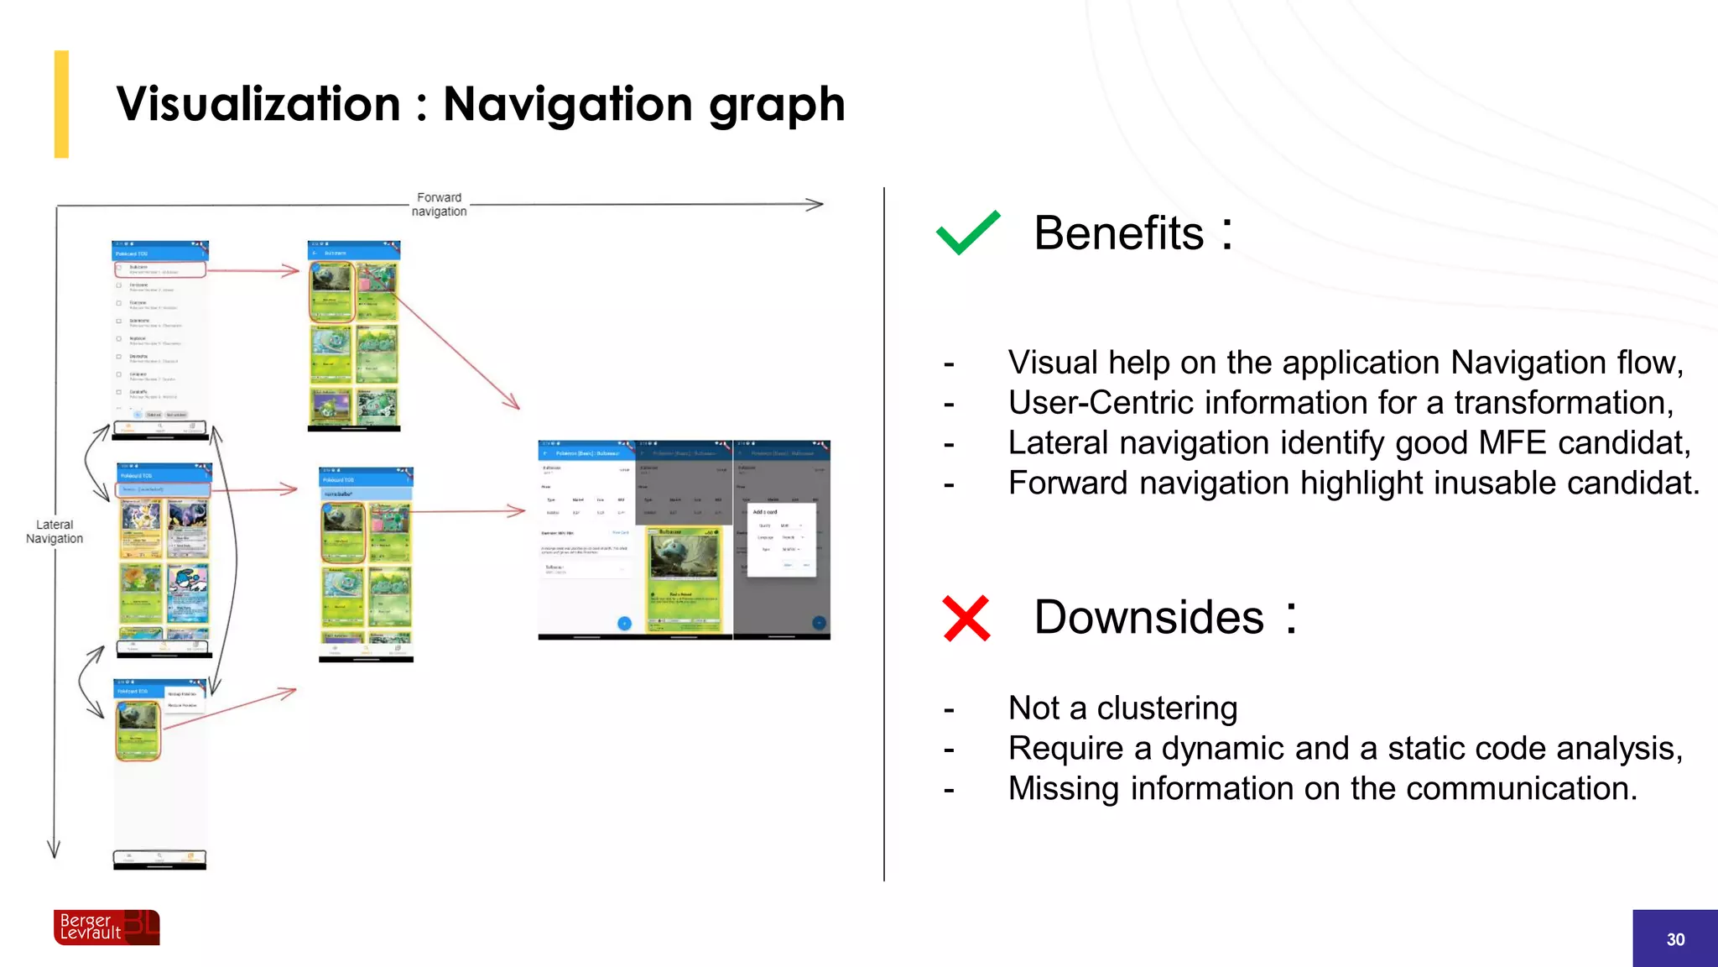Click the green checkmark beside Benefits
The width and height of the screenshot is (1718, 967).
click(967, 233)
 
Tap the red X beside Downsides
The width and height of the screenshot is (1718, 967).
click(966, 619)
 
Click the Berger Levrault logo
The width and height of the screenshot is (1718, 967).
click(107, 928)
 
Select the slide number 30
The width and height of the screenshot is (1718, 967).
click(1675, 939)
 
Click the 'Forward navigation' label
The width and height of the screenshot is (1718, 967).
click(439, 204)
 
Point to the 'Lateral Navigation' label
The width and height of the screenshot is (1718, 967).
click(55, 531)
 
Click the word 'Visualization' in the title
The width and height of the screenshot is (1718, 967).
click(258, 104)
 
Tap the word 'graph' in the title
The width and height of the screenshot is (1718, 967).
click(776, 106)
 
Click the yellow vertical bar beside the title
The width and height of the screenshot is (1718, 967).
click(61, 104)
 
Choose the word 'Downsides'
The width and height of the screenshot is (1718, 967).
click(1148, 618)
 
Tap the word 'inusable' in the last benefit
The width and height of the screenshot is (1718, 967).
click(1497, 483)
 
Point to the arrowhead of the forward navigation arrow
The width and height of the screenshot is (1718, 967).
click(816, 204)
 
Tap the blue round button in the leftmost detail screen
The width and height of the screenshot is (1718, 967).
click(624, 623)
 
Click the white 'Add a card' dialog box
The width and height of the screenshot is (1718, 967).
click(781, 539)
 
